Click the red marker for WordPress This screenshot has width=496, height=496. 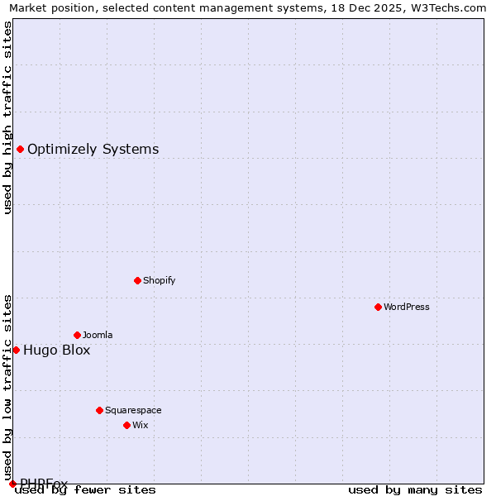click(x=378, y=307)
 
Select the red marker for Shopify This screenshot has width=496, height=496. click(x=137, y=280)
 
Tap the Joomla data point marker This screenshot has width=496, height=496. click(x=77, y=335)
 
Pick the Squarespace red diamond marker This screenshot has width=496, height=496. click(x=99, y=410)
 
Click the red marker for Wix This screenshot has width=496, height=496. click(x=126, y=425)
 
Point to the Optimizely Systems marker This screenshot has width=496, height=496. click(x=20, y=149)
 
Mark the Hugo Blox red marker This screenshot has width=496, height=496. click(x=16, y=350)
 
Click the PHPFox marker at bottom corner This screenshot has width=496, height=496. click(x=12, y=484)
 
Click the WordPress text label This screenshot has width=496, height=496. click(x=407, y=307)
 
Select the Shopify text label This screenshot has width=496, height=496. click(x=160, y=280)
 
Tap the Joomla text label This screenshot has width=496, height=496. click(x=98, y=335)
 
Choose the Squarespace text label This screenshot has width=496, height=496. click(x=133, y=410)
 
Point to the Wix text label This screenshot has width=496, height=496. click(x=140, y=425)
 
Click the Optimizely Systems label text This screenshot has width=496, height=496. click(x=93, y=150)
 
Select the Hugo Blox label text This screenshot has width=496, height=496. click(x=56, y=350)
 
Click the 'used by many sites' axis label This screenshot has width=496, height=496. click(x=415, y=490)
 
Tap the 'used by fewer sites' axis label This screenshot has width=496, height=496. click(x=85, y=490)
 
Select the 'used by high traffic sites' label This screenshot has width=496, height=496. click(x=8, y=117)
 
